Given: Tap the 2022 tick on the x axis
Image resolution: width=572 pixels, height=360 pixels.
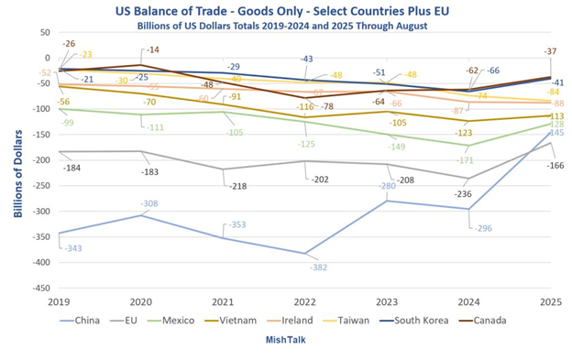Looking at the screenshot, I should (304, 301).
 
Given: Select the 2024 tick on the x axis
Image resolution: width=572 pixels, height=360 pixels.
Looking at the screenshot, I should (468, 301).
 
